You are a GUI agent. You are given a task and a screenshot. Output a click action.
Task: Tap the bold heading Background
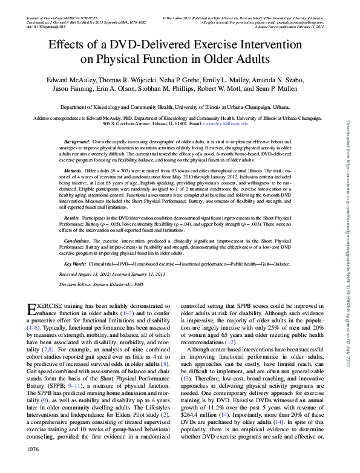click(x=77, y=141)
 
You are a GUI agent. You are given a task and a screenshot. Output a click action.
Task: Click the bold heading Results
click(x=71, y=217)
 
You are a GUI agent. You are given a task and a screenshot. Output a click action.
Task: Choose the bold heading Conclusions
click(x=77, y=240)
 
